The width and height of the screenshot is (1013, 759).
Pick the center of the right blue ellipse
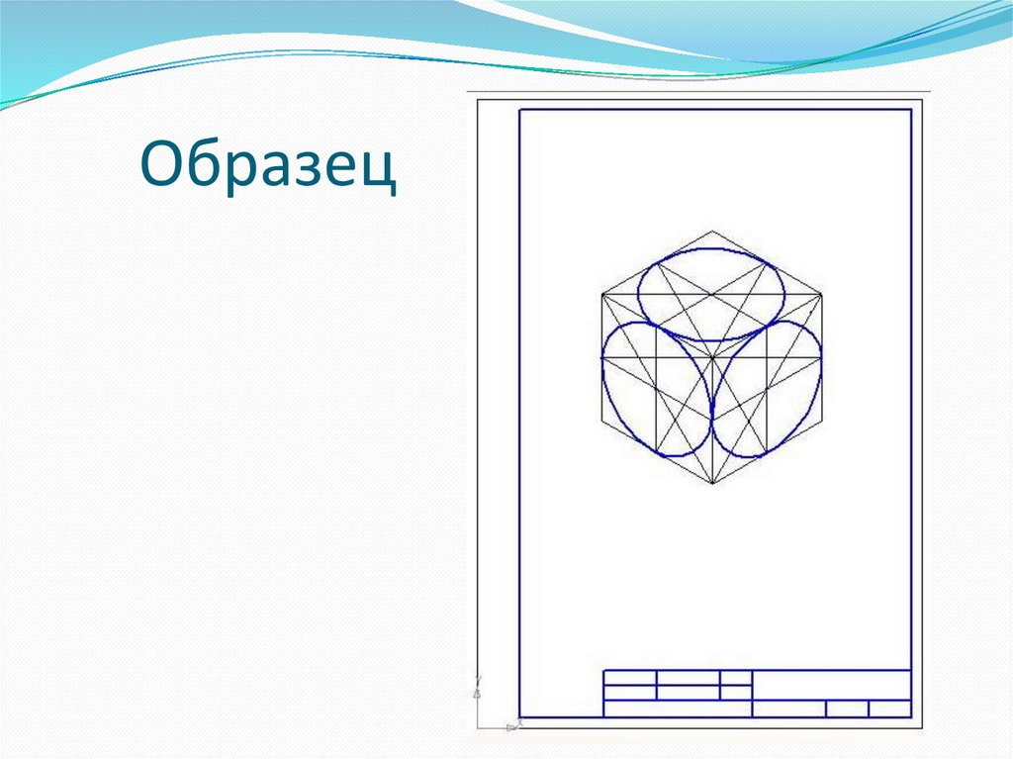click(x=766, y=388)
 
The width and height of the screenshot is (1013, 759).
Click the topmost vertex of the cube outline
click(x=711, y=232)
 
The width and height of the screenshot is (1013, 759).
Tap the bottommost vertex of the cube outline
click(x=711, y=485)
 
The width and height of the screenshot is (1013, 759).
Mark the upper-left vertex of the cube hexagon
click(x=601, y=294)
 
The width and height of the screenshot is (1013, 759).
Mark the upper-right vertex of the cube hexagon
click(x=821, y=294)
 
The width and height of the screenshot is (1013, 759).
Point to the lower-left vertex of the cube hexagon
click(x=601, y=422)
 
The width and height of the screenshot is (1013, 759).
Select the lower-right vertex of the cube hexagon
click(x=821, y=422)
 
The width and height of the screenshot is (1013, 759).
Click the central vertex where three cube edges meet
click(x=711, y=358)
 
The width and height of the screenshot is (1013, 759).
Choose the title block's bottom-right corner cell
click(x=890, y=709)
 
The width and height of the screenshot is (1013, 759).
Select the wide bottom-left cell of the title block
click(x=678, y=709)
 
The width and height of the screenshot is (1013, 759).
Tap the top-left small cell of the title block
click(x=630, y=678)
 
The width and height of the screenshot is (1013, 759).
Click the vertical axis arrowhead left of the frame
click(x=477, y=680)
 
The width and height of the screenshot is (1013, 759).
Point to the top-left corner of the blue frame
click(x=519, y=109)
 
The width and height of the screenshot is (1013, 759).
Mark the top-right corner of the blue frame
click(x=911, y=109)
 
